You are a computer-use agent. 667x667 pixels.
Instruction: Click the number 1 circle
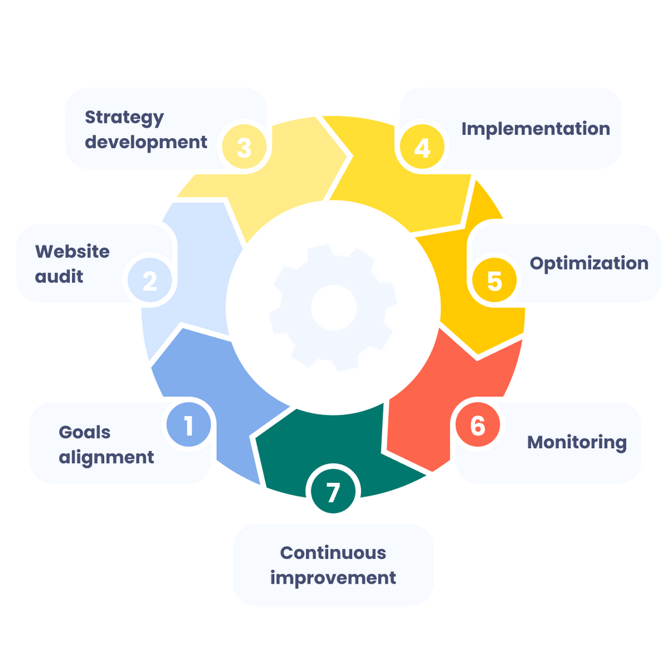189,425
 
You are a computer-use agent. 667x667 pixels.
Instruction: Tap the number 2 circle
150,280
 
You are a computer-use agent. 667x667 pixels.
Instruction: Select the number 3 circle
244,147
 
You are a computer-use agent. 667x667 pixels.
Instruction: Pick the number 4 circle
422,147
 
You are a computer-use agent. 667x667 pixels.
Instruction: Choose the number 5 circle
494,280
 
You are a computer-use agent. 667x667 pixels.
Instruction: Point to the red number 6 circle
478,425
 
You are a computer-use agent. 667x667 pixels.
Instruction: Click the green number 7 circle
333,492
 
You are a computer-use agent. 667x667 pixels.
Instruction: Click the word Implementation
536,128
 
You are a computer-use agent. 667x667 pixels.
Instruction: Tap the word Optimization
589,263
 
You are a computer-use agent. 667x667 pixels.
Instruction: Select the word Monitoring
577,442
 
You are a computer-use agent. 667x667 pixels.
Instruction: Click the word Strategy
124,118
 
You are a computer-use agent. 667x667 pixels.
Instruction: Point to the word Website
72,251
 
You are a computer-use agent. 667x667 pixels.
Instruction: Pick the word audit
59,276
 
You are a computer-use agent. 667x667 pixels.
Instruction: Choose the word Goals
85,432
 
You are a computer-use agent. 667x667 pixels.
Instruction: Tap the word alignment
106,457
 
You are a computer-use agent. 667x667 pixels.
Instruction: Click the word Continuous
333,553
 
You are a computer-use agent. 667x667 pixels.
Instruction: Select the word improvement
333,577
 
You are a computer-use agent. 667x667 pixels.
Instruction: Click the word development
146,141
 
